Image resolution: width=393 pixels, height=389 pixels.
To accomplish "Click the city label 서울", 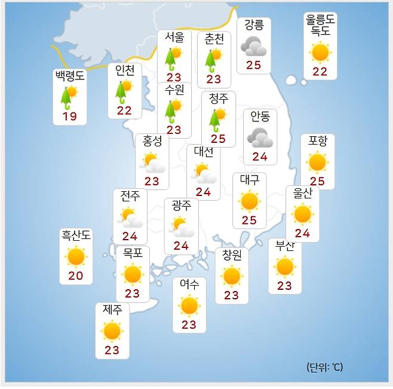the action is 174,37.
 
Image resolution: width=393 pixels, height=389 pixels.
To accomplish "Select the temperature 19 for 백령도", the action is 70,117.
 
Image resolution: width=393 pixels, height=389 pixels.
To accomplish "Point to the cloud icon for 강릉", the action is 253,45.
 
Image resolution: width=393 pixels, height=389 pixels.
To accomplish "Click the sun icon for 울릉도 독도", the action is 321,53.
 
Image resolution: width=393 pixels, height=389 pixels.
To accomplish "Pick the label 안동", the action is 260,116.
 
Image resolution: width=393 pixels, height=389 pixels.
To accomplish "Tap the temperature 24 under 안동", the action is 260,157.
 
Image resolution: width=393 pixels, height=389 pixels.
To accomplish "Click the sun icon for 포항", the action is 317,161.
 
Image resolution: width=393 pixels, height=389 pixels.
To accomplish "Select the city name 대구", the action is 249,179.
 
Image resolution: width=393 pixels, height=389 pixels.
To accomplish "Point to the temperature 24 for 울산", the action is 302,233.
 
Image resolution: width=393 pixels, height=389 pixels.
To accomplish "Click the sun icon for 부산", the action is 284,267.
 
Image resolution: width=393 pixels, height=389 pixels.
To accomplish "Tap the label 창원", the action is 232,255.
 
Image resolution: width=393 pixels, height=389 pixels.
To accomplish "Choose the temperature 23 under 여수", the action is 189,325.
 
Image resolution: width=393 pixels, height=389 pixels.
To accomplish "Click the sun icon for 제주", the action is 112,330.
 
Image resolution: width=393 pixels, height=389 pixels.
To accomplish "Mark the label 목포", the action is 132,252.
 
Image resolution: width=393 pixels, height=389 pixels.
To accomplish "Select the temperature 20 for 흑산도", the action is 76,276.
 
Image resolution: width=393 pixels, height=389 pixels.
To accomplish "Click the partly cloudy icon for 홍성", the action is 152,161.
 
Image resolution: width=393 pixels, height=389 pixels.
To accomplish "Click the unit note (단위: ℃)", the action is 325,367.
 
